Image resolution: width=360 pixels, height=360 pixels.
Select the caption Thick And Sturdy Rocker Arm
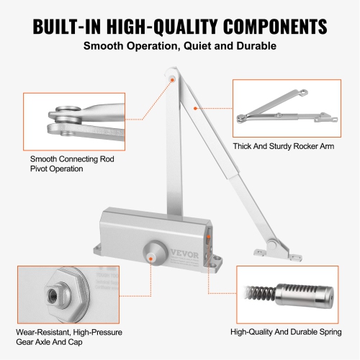pos(283,146)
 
